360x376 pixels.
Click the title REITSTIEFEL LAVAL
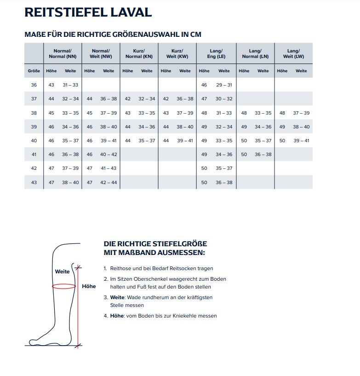88,12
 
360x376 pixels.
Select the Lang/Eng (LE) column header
216,53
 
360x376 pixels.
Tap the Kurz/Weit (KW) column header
177,53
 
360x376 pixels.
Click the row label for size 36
34,85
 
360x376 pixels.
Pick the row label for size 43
34,183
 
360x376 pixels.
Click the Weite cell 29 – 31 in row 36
224,85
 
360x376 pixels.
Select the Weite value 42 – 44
109,183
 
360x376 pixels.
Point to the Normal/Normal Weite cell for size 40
70,141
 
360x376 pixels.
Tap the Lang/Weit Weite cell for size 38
301,113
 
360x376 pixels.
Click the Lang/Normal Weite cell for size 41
263,155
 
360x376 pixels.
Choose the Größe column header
34,71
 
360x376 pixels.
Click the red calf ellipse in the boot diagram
63,286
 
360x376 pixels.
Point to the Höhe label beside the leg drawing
89,286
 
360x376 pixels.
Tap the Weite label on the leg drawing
62,272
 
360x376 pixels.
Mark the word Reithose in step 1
120,268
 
